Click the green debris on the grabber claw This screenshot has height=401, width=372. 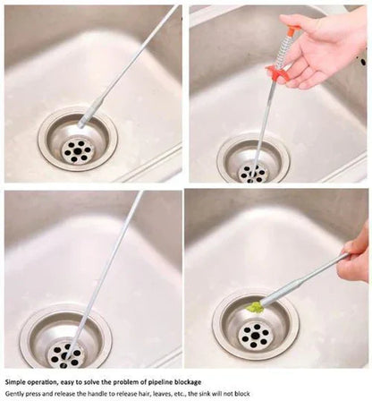tap(256, 307)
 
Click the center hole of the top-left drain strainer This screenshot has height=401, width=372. tap(77, 149)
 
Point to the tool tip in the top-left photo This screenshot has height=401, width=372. tap(83, 121)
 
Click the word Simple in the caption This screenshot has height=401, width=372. tap(19, 381)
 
